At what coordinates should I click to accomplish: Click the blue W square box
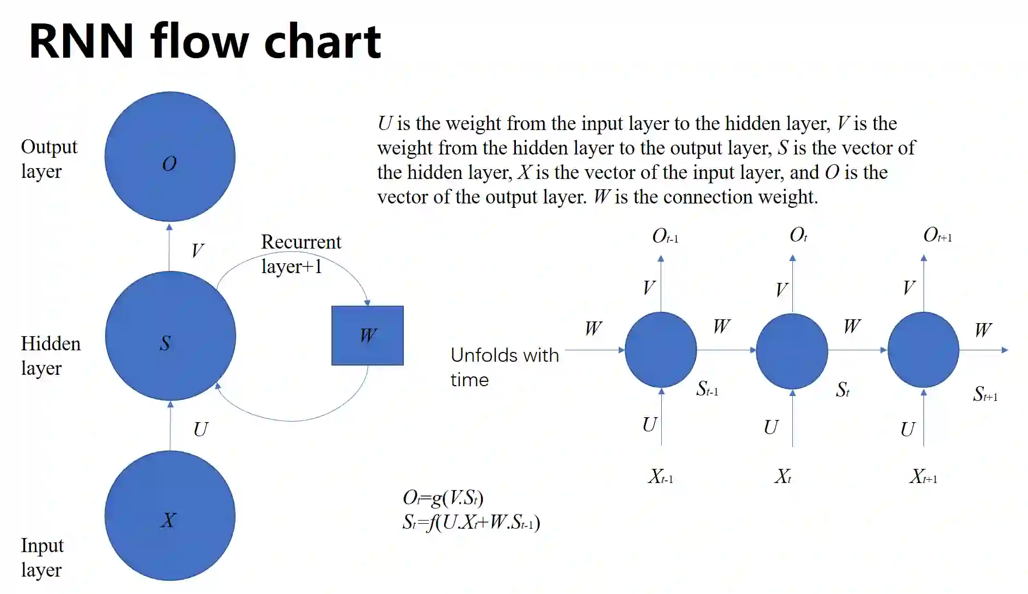tap(367, 335)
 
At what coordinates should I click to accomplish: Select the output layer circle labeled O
tap(170, 157)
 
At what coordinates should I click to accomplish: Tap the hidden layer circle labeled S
tap(170, 336)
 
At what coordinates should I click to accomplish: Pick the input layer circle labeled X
tap(170, 516)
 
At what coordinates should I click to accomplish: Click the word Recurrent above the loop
tap(301, 242)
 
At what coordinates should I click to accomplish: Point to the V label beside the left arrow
tap(197, 251)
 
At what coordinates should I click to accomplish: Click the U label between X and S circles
tap(200, 430)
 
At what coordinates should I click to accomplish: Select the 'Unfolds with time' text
tap(504, 367)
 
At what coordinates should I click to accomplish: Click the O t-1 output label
tap(664, 236)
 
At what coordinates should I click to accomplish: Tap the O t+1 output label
tap(937, 236)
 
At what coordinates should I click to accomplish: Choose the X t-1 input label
tap(660, 477)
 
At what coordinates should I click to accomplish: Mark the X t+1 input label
tap(923, 477)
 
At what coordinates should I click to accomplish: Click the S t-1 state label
tap(707, 389)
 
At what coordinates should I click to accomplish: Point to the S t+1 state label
tap(984, 394)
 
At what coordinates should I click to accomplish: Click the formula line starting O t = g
tap(442, 498)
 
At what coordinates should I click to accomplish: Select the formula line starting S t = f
tap(471, 522)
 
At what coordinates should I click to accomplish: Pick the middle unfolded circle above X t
tap(792, 351)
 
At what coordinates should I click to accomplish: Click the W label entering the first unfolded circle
tap(593, 329)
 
